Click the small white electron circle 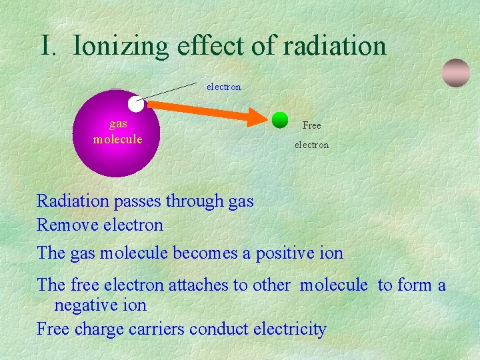click(x=136, y=104)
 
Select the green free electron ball click(x=280, y=119)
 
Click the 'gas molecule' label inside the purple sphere click(x=117, y=131)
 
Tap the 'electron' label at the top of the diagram click(x=223, y=87)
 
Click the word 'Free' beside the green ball click(x=311, y=125)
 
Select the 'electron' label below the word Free click(x=311, y=145)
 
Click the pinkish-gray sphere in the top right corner click(x=456, y=73)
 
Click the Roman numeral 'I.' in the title click(x=51, y=46)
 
